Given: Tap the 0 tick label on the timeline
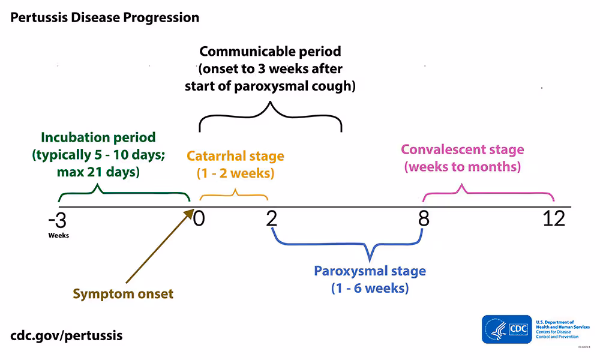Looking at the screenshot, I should coord(199,219).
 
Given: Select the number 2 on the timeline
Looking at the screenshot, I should coord(272,219).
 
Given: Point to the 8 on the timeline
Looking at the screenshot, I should coord(424,219).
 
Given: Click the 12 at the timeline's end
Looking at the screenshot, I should coord(554,219).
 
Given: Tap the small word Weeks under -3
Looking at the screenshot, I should coord(59,235).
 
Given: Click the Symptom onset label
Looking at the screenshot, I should coord(123,294).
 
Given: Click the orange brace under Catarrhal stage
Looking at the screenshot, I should coord(234,196).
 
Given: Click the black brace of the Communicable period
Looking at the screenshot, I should coord(271,116).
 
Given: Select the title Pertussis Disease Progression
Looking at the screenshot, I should coord(104,17).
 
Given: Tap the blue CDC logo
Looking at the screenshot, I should coord(507,329).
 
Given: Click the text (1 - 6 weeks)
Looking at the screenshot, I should coord(370,288).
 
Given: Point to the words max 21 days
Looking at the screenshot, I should coord(100,172).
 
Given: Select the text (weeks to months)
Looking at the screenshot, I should coord(462,167).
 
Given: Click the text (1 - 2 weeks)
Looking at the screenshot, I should coord(235,173).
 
